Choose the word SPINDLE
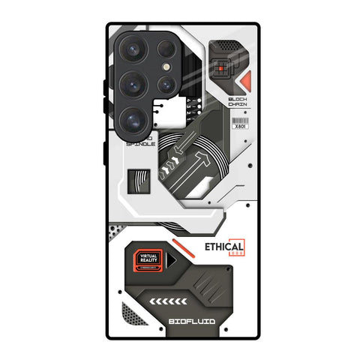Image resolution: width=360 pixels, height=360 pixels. [142, 143]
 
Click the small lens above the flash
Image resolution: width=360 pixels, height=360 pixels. [166, 51]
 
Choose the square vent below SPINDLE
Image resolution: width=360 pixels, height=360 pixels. [139, 181]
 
